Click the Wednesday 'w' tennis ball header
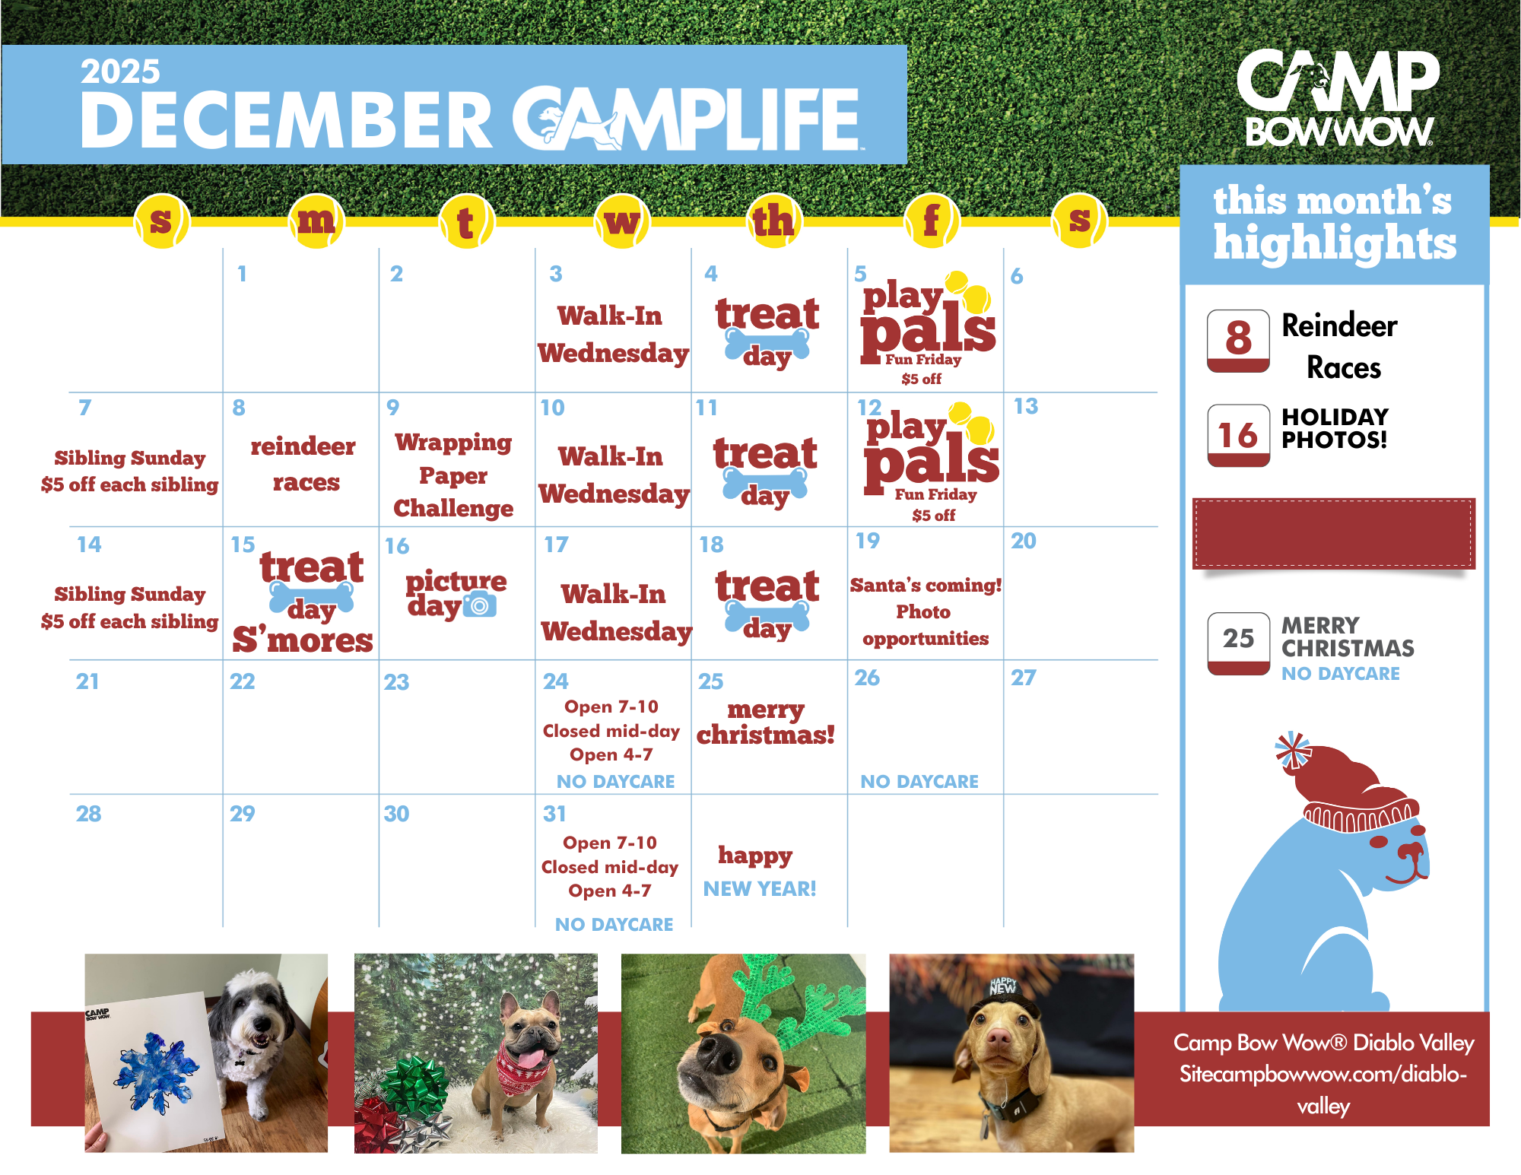[x=622, y=221]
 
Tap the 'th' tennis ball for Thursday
[x=773, y=221]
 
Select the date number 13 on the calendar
[x=1025, y=406]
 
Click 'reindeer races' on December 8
[x=303, y=464]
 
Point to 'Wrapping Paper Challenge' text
[x=453, y=475]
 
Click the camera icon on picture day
[x=480, y=605]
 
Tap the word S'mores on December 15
[x=303, y=640]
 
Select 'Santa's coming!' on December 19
[x=926, y=585]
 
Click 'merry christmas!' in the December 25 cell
[x=766, y=722]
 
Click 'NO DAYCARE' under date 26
[x=919, y=781]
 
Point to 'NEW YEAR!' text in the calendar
[x=760, y=888]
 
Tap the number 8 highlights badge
[x=1238, y=341]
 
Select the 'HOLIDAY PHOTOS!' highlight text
[x=1335, y=428]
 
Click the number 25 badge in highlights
[x=1238, y=643]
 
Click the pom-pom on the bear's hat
[x=1293, y=751]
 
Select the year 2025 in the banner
[x=120, y=71]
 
